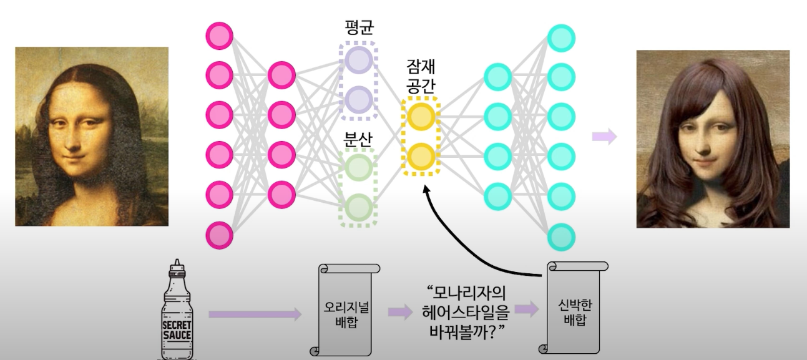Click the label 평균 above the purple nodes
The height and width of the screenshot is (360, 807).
point(358,27)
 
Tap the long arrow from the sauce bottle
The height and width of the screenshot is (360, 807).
point(254,314)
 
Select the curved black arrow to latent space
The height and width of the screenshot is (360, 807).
point(474,237)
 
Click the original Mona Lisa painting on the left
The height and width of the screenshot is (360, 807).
point(92,136)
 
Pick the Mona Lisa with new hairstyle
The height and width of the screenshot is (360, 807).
point(713,139)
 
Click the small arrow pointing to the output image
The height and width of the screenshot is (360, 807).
point(604,137)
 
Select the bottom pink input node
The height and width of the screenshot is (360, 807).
point(219,236)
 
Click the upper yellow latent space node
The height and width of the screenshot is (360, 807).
point(420,117)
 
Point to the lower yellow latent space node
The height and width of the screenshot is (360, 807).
point(420,155)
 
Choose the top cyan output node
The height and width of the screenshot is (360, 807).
point(560,37)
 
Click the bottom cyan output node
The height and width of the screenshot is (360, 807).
point(560,237)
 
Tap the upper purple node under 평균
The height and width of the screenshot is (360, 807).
point(358,60)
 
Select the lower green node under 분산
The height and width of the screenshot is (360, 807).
point(358,207)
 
